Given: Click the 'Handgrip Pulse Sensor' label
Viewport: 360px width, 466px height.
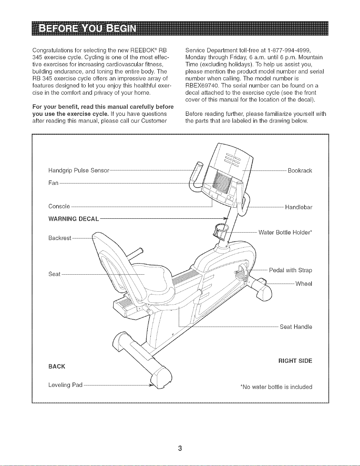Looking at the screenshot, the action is pyautogui.click(x=79, y=171).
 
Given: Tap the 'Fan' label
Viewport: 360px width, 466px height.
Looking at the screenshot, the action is pyautogui.click(x=53, y=183).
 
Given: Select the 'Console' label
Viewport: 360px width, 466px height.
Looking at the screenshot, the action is pyautogui.click(x=59, y=206).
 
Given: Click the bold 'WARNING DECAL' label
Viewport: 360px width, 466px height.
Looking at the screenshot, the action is pyautogui.click(x=74, y=219).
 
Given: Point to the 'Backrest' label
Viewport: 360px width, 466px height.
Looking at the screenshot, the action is pyautogui.click(x=60, y=238).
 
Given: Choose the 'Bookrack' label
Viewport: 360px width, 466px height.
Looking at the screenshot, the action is pyautogui.click(x=300, y=171).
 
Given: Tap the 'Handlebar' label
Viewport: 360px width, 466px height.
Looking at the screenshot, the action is pyautogui.click(x=299, y=207).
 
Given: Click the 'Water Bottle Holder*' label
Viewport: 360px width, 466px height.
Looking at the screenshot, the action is pyautogui.click(x=285, y=233).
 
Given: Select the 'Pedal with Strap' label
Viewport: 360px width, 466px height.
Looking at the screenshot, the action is pyautogui.click(x=291, y=270).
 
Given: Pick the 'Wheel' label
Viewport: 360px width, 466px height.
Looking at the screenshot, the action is pyautogui.click(x=304, y=284).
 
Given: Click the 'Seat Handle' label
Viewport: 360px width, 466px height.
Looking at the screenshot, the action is pyautogui.click(x=296, y=327).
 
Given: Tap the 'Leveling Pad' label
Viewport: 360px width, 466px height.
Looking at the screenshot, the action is pyautogui.click(x=65, y=385).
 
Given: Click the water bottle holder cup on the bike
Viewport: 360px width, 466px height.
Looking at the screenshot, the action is pyautogui.click(x=221, y=231).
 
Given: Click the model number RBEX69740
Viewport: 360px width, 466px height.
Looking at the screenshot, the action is pyautogui.click(x=202, y=86).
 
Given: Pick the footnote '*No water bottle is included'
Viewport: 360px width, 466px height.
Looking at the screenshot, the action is pyautogui.click(x=276, y=387).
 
